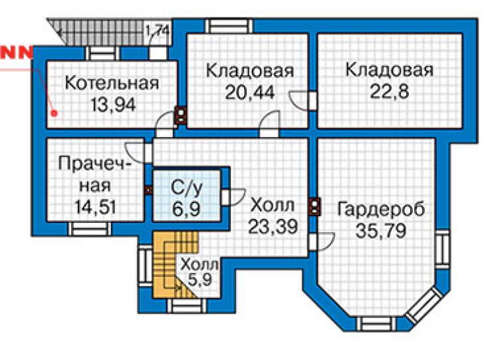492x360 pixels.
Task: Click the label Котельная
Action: click(112, 83)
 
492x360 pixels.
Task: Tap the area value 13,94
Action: click(113, 104)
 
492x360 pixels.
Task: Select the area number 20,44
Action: click(250, 92)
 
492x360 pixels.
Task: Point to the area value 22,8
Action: click(390, 92)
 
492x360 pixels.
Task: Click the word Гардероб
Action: click(381, 209)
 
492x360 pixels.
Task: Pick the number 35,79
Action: click(381, 231)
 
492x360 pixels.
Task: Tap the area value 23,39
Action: click(273, 226)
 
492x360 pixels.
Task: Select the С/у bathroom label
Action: click(187, 188)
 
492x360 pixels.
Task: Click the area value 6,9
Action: click(186, 209)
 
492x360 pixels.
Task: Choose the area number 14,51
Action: click(95, 207)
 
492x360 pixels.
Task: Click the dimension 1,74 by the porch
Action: click(157, 31)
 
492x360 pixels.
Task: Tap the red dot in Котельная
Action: click(55, 112)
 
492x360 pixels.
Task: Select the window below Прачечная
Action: click(90, 229)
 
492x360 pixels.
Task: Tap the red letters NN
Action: click(17, 53)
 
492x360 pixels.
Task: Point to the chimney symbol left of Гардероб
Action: click(314, 207)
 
